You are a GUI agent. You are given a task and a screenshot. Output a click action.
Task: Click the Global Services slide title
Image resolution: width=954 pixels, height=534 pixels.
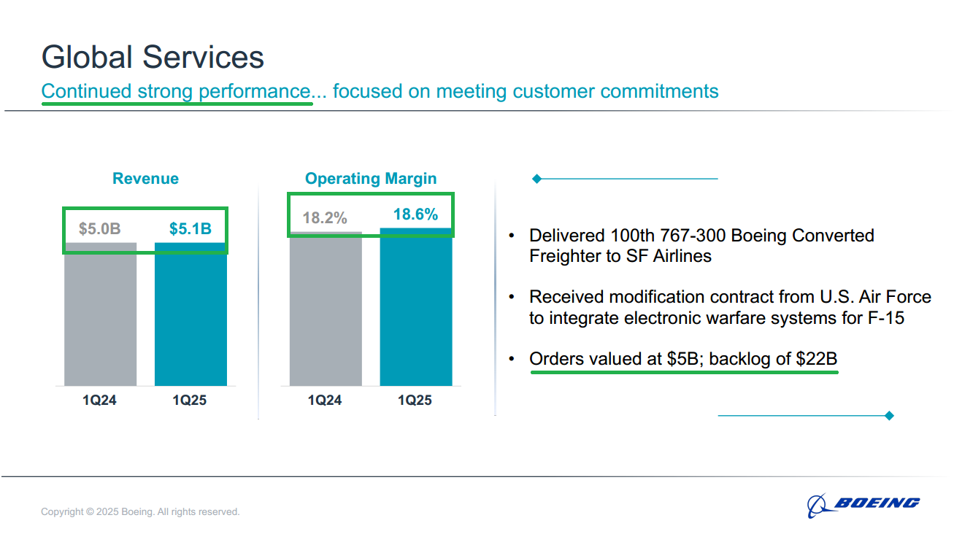coord(153,57)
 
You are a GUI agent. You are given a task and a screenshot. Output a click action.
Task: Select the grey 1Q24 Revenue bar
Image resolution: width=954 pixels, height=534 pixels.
coord(101,314)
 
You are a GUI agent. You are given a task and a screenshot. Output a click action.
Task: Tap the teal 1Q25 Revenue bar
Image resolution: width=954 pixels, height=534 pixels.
coord(191,314)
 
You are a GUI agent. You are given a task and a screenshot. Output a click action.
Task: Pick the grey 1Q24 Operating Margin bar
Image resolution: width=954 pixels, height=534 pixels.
coord(326,309)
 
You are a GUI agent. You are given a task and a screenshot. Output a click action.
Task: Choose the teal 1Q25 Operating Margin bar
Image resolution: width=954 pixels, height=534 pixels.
coord(416,307)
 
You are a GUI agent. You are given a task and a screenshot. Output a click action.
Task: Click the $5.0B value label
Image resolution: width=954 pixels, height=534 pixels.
coord(100,229)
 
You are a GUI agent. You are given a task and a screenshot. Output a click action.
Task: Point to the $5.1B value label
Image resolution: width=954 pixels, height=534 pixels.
coord(191,229)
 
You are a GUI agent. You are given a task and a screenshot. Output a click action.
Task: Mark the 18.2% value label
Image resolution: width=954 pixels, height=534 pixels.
coord(325,218)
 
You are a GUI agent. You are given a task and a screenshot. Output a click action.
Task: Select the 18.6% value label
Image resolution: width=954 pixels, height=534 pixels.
coord(415,214)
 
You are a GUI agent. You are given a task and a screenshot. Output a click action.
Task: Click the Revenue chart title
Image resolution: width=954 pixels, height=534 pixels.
coord(145,178)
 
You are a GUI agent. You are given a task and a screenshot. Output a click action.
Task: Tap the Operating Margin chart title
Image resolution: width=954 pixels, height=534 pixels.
coord(371,179)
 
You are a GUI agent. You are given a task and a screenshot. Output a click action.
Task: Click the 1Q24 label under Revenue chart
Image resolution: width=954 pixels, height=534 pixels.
coord(99,400)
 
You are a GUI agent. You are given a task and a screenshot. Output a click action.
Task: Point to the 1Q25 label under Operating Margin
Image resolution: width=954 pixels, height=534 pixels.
coord(415,400)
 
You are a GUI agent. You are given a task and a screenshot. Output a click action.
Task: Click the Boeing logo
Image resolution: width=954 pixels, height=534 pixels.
coord(863,505)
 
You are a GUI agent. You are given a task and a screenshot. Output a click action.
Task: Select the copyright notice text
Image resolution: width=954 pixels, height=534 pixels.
coord(140,511)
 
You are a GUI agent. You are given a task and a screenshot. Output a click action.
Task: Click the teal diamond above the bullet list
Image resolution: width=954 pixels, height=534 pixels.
coord(537,179)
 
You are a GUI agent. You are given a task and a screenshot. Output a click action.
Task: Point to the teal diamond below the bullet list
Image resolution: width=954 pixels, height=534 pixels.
coord(889,416)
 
